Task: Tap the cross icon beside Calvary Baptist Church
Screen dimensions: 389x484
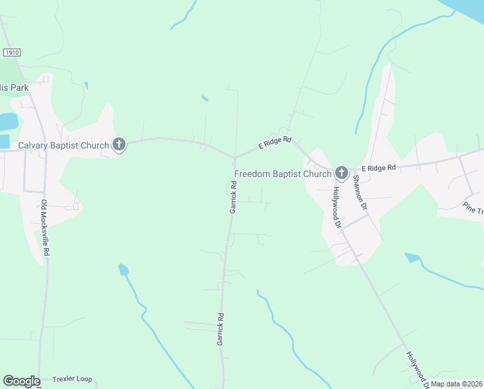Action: click(119, 145)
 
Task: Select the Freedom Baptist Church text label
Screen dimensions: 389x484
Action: click(282, 173)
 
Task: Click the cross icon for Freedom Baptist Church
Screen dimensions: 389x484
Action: click(341, 172)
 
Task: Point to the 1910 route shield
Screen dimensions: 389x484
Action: click(12, 51)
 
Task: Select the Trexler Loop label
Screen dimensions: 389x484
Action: click(72, 379)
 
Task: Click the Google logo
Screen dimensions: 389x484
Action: click(21, 381)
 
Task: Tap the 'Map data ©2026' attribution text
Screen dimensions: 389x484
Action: click(456, 384)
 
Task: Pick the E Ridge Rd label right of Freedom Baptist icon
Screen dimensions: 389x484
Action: click(379, 168)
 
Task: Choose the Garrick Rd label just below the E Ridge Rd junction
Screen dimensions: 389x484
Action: click(233, 197)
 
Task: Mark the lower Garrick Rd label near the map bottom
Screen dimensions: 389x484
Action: click(221, 329)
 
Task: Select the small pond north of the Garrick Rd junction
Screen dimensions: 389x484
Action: click(204, 99)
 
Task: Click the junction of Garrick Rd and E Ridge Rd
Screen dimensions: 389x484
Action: click(234, 158)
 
